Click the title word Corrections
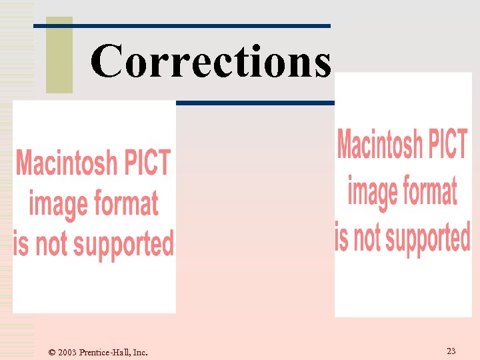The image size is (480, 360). [x=211, y=61]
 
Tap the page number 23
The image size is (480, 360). [x=451, y=351]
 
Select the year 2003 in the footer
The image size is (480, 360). [x=67, y=352]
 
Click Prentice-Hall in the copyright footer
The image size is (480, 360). [x=104, y=352]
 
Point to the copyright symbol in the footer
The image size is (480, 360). [x=52, y=352]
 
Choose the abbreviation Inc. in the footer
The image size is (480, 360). [x=140, y=352]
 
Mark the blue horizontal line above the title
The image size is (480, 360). [x=181, y=25]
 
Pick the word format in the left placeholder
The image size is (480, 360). [x=127, y=203]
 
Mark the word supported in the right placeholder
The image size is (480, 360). [x=428, y=238]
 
